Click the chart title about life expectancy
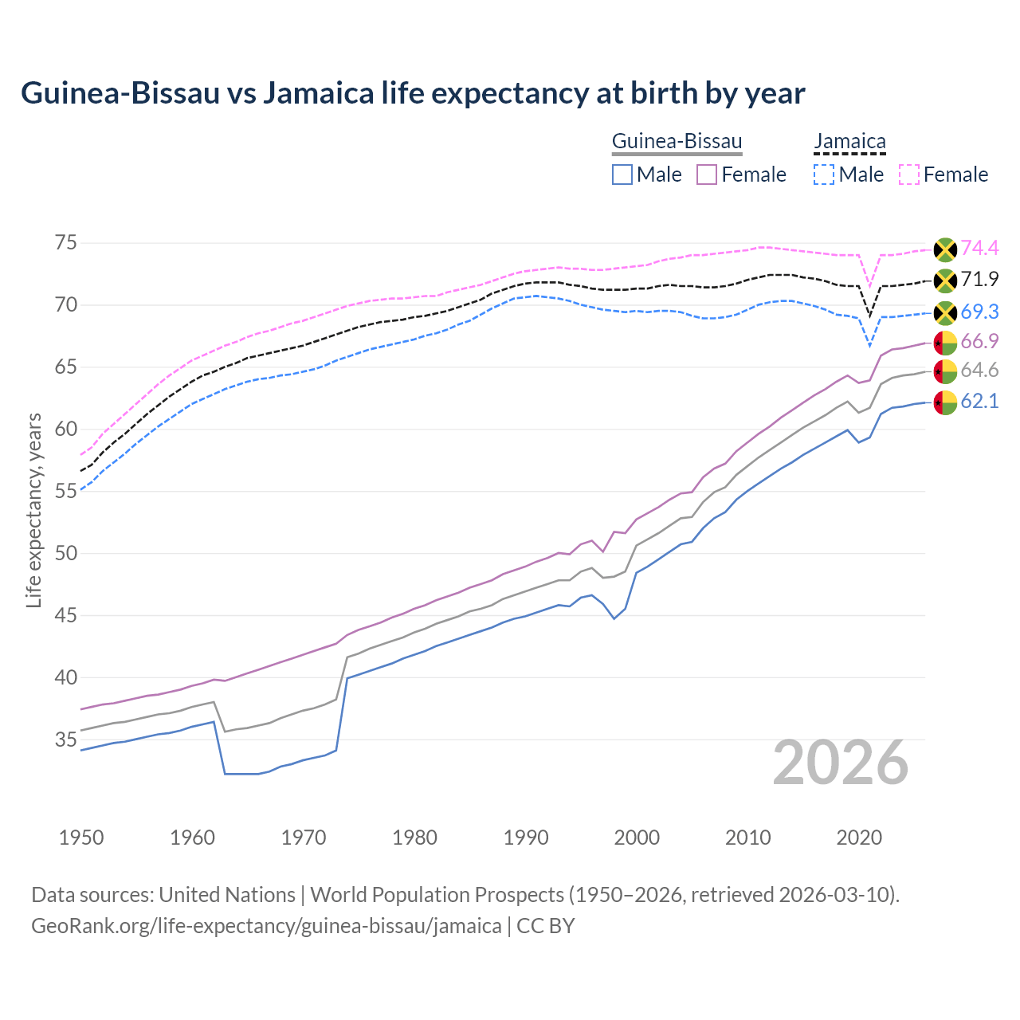[413, 93]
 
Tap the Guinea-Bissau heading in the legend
[677, 142]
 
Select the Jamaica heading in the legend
[849, 142]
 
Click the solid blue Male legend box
[622, 175]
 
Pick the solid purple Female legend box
[707, 175]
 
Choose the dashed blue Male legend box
[824, 175]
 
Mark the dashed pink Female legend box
[908, 175]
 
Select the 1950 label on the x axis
[81, 838]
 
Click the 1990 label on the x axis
[526, 838]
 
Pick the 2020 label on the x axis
[859, 838]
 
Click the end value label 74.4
[979, 249]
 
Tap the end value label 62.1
[979, 402]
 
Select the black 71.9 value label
[979, 280]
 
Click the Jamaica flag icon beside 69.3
[945, 312]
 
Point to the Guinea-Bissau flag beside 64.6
[945, 371]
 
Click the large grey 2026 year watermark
[841, 763]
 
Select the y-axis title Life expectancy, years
[34, 510]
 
